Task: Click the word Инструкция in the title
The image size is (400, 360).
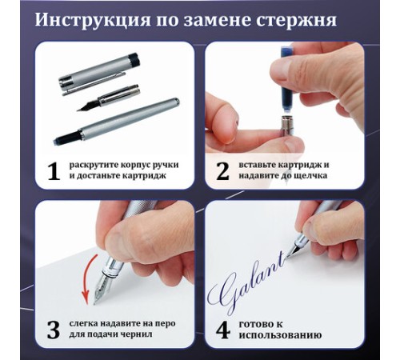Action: point(93,20)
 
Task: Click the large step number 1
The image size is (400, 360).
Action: point(54,171)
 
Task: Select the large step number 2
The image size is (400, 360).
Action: point(222,171)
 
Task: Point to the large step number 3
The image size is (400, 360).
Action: point(53,330)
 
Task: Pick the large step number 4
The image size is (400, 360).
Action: point(223,330)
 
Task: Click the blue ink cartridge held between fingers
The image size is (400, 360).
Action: point(287,80)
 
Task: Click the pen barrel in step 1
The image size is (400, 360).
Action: point(117,122)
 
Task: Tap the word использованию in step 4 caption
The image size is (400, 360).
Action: point(280,335)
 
